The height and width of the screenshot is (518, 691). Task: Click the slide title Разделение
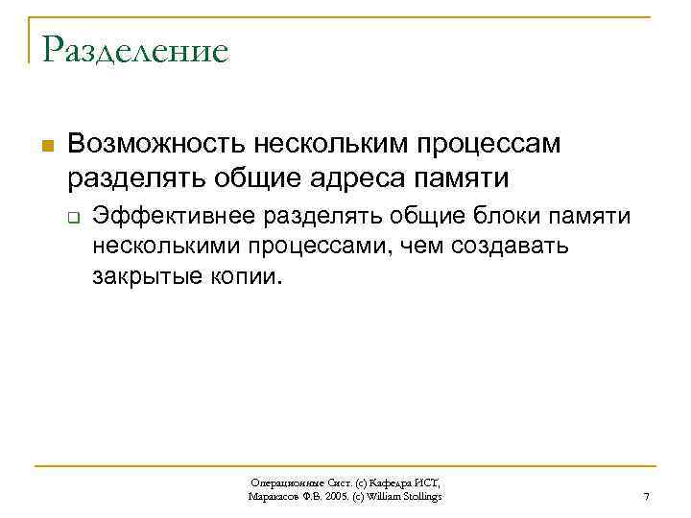[x=135, y=49]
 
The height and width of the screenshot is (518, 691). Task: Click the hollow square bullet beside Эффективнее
[x=72, y=218]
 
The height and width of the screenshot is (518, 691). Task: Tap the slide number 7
[x=646, y=496]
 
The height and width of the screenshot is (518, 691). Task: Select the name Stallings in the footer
[x=421, y=497]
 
